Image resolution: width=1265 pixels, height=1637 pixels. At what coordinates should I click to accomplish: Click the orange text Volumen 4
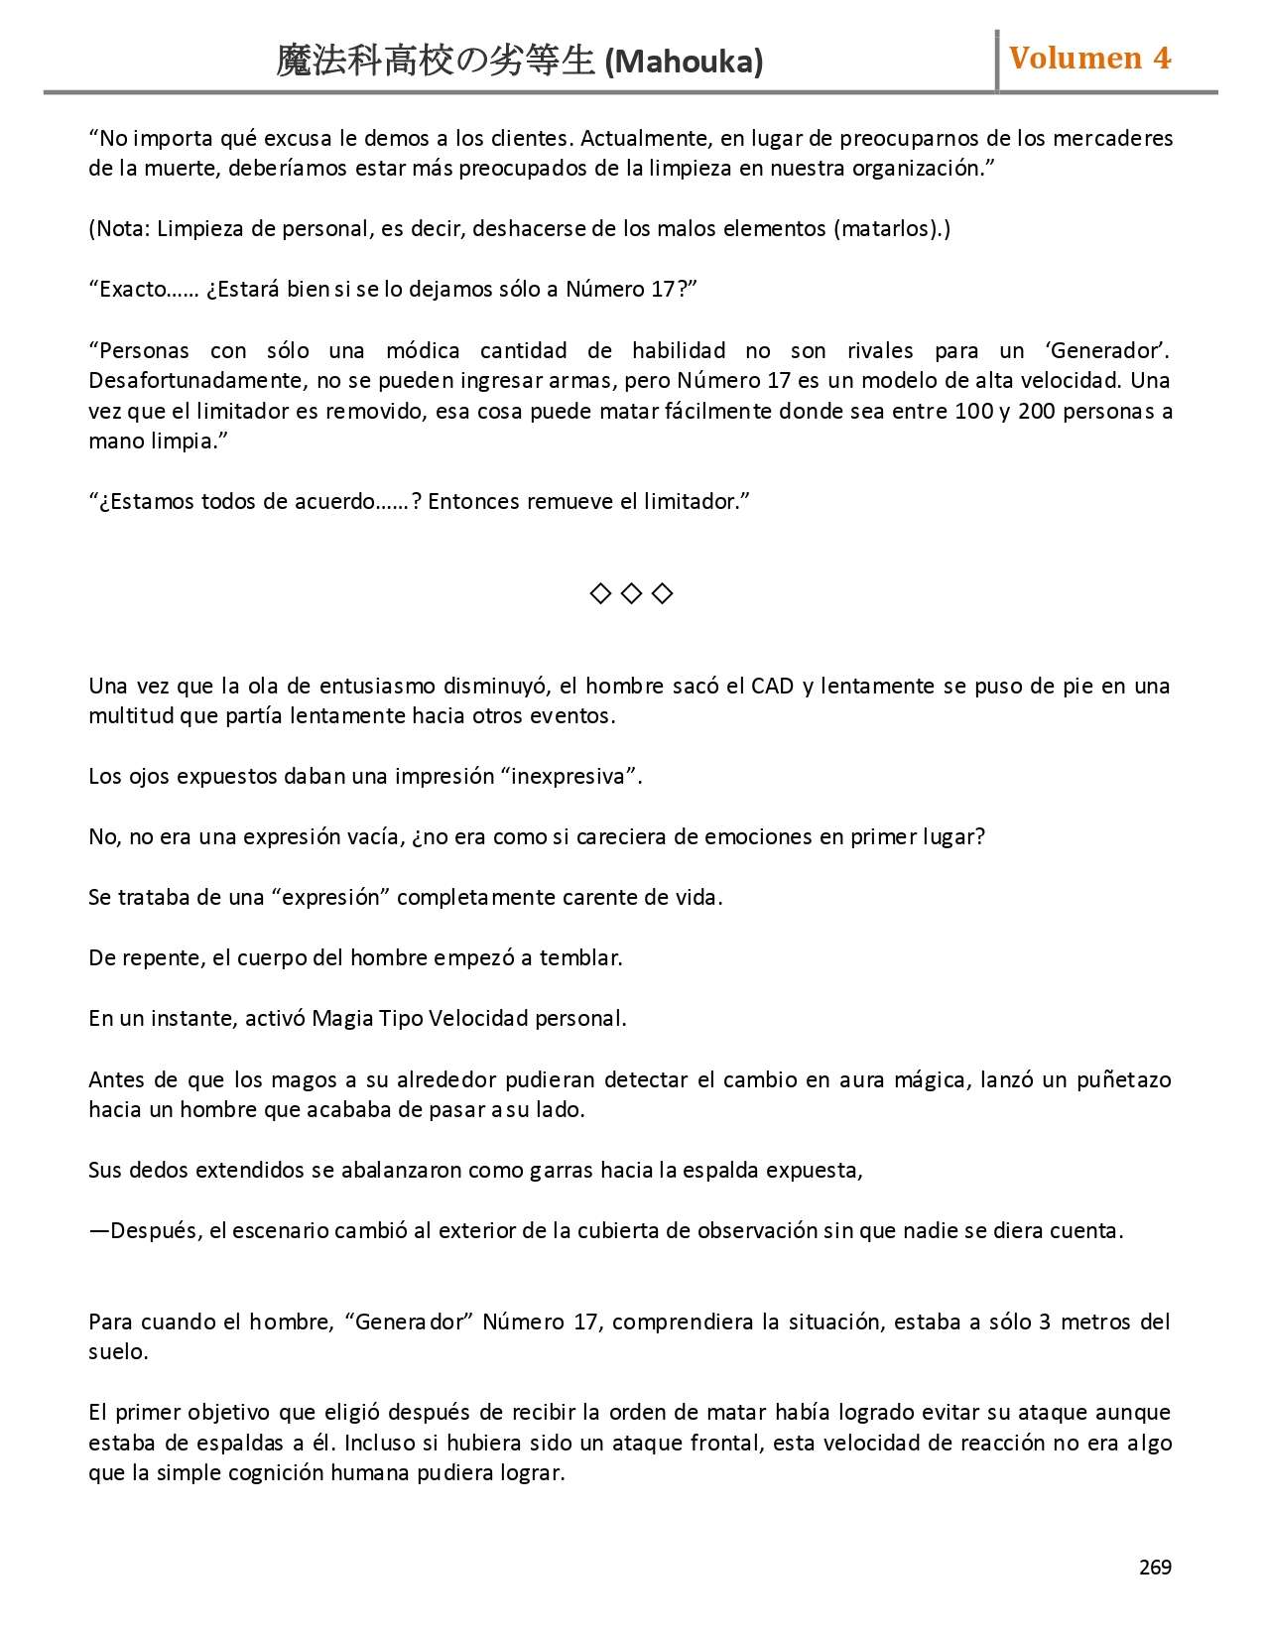1089,58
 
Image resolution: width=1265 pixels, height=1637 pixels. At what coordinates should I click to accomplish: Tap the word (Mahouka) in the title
684,62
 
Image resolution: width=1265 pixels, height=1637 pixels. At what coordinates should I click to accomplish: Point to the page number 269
1155,1567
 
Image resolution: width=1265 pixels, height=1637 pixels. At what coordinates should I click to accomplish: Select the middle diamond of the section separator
631,593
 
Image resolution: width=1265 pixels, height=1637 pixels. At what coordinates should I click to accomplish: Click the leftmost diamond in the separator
600,593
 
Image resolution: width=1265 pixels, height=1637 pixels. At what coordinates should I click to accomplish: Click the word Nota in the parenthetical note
123,229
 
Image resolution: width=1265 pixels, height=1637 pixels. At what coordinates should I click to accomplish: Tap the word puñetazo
1123,1079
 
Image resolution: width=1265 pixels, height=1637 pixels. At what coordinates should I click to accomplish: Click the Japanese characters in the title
436,62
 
